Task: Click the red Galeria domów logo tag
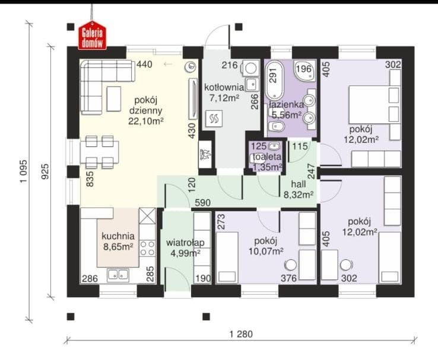(92, 36)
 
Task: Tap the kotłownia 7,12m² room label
(224, 93)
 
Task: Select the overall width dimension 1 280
(241, 334)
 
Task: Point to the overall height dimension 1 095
(24, 171)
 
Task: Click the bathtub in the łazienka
(274, 80)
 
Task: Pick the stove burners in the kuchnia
(147, 248)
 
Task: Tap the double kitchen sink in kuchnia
(118, 275)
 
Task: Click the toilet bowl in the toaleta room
(256, 158)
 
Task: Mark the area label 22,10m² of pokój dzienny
(145, 121)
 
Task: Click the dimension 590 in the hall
(202, 202)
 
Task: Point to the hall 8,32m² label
(299, 189)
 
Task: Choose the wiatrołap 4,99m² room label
(185, 247)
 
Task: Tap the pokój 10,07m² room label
(266, 246)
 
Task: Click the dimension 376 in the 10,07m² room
(288, 278)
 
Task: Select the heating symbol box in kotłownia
(214, 119)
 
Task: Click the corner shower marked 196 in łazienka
(304, 70)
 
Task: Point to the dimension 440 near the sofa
(144, 65)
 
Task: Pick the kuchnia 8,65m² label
(118, 241)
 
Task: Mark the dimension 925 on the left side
(45, 171)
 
